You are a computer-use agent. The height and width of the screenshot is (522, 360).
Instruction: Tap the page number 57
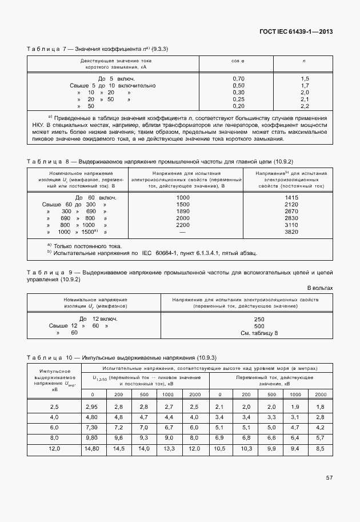tap(329, 477)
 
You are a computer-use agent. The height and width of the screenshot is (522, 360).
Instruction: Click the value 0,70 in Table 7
tap(238, 78)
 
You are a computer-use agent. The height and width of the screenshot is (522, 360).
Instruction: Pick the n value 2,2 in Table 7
tap(304, 106)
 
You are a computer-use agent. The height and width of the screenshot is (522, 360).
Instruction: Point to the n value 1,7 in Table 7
tap(304, 85)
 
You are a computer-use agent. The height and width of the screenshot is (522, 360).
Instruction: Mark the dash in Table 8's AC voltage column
tap(183, 232)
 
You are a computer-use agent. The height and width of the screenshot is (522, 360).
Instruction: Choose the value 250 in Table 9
tap(259, 318)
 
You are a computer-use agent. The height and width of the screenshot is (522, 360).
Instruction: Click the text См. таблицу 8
tap(259, 332)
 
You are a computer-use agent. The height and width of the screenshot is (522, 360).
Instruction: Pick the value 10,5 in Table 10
tap(219, 448)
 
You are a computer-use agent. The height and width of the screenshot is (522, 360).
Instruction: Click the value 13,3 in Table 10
tap(169, 448)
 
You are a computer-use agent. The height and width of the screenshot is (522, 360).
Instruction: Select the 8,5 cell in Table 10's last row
tap(320, 448)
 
